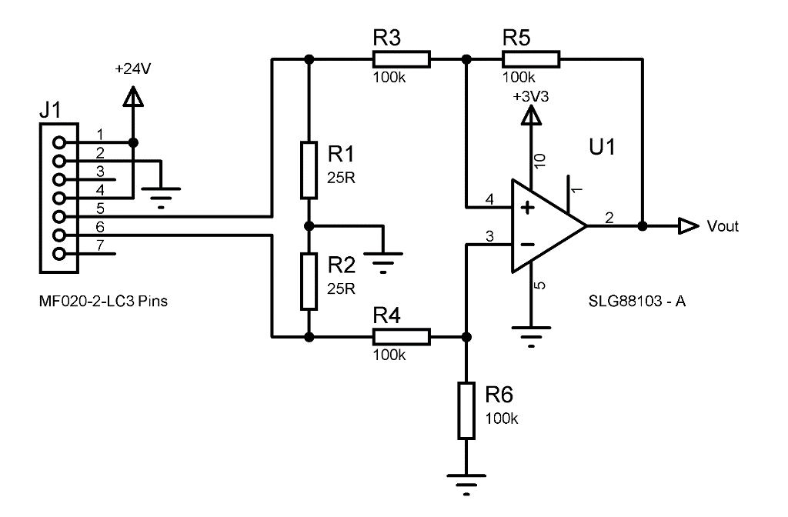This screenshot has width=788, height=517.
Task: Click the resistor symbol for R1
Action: coord(308,170)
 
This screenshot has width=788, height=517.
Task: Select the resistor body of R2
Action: coord(308,281)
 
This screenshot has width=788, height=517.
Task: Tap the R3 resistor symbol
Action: coord(401,59)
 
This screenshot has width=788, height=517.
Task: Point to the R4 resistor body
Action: coord(401,336)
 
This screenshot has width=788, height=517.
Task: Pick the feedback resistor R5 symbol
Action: coord(530,59)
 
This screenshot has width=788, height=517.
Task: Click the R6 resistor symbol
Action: coord(466,410)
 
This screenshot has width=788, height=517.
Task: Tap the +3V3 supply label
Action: coord(529,98)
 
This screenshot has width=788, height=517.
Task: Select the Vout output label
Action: coord(723,226)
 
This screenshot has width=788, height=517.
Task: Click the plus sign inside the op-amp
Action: coord(528,208)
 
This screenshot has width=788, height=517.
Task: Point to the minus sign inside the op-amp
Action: coord(528,245)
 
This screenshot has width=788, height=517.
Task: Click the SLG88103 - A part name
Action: coord(636,301)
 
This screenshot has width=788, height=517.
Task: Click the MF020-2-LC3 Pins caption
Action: coord(103,301)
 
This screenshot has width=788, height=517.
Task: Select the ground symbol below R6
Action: coord(466,483)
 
